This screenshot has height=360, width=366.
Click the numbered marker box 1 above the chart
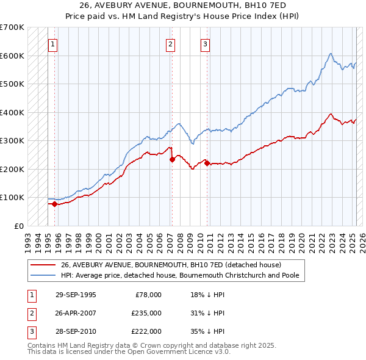click(53, 43)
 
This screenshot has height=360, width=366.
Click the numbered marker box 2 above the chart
click(170, 43)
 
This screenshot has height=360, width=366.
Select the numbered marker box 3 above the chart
click(205, 43)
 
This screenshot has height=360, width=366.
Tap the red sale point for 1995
click(54, 204)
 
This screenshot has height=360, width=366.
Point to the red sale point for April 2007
click(172, 160)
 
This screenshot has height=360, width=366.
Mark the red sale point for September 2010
click(207, 163)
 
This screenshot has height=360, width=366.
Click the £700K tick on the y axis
click(12, 27)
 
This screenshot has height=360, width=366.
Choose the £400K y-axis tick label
click(12, 112)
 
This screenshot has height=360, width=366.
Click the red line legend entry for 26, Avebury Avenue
click(170, 265)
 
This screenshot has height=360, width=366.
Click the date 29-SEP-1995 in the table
click(76, 295)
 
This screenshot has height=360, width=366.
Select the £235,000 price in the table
click(146, 313)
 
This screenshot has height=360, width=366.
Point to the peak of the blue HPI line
click(330, 54)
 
